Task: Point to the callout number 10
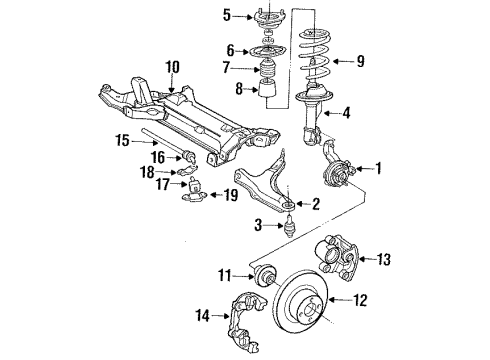click(172, 68)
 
